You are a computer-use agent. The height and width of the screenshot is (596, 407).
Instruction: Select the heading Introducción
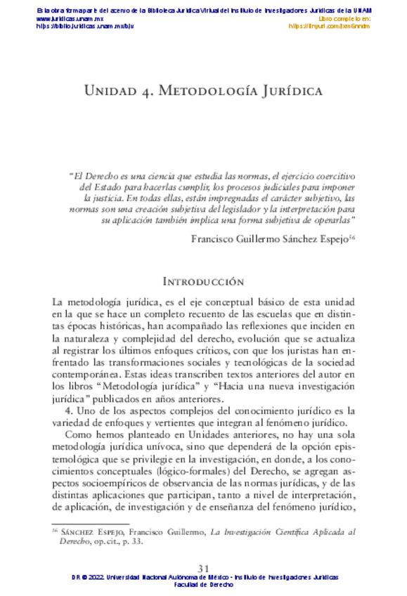(x=203, y=282)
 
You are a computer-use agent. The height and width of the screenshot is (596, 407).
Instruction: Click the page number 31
(x=204, y=569)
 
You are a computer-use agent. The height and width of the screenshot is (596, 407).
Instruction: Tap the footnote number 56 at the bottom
(x=56, y=532)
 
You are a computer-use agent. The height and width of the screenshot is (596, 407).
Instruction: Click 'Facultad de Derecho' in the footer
(x=203, y=584)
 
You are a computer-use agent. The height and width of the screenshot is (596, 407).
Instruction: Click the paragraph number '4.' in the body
(x=70, y=410)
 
